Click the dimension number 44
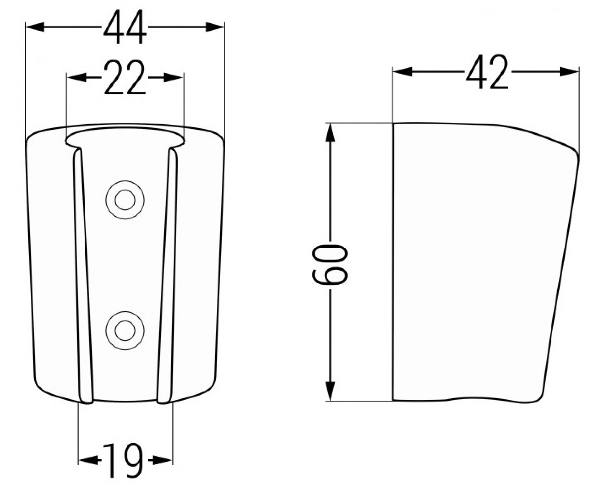[x=125, y=27]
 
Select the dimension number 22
[x=125, y=77]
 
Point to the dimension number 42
[x=487, y=72]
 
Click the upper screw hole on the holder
[x=125, y=200]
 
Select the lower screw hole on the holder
[x=125, y=330]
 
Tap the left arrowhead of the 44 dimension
[x=35, y=27]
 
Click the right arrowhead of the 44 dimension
[x=215, y=27]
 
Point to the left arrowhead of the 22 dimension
[x=77, y=77]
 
